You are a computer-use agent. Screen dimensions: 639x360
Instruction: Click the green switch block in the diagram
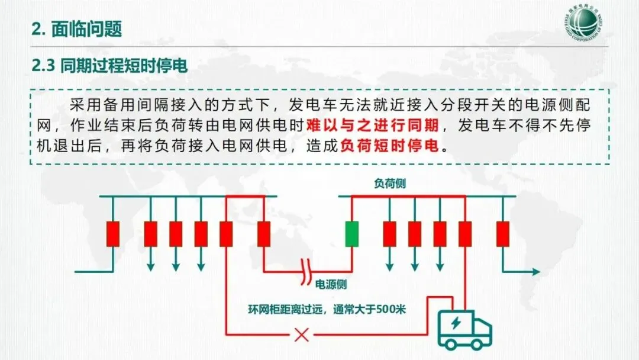coord(353,233)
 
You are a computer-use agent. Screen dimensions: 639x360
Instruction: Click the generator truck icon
coord(464,329)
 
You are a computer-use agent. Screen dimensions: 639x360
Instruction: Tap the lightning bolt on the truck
coord(456,324)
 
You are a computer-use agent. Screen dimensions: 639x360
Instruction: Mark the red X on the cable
coord(302,336)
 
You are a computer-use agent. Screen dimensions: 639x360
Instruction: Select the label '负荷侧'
coord(389,184)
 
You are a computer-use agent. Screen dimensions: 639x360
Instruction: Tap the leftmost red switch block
coord(112,233)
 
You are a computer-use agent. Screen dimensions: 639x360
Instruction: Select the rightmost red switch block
coord(503,233)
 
